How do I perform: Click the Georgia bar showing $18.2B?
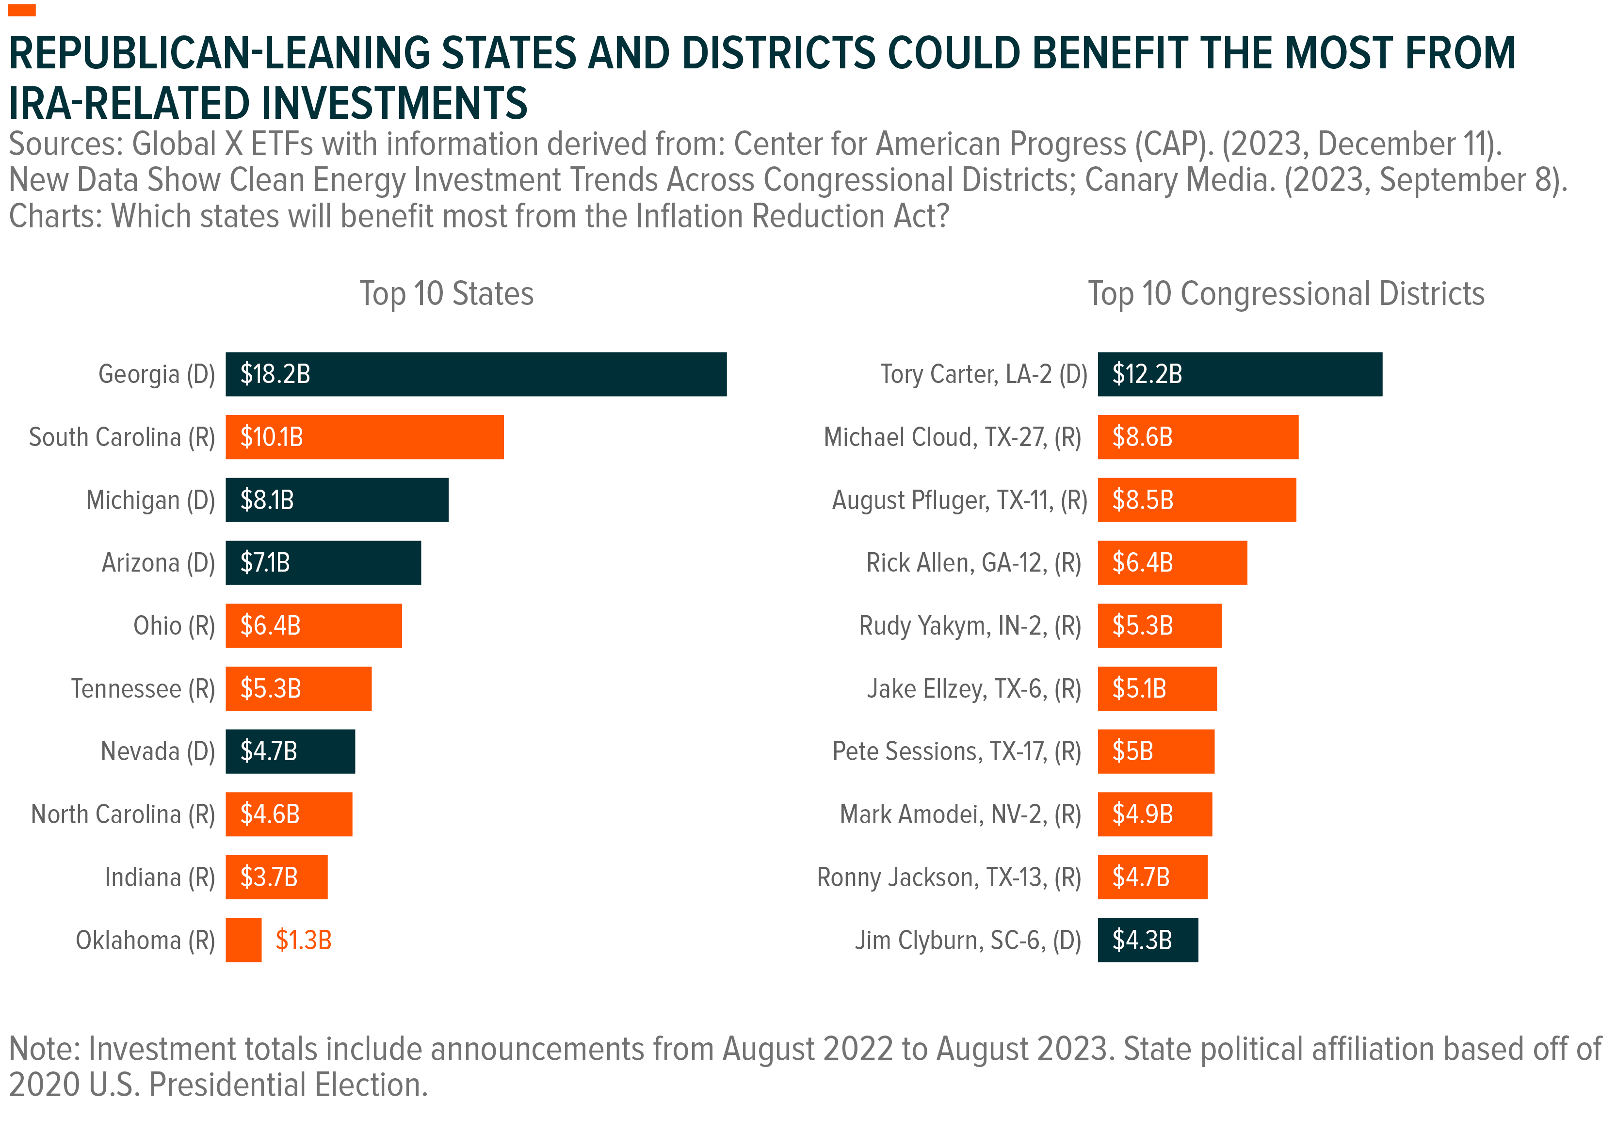click(475, 374)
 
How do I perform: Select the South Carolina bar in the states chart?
click(364, 437)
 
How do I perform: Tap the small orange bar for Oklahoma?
click(243, 940)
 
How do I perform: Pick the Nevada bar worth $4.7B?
click(290, 751)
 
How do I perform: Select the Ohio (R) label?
click(174, 626)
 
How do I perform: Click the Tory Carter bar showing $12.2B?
click(1240, 374)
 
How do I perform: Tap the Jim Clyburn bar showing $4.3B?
click(1147, 940)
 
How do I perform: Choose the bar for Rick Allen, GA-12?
click(1172, 563)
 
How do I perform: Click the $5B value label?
click(1132, 751)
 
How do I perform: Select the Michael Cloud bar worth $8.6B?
click(1197, 437)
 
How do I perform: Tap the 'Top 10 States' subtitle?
click(447, 294)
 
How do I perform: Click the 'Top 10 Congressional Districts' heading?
click(1286, 294)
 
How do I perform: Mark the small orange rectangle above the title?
click(22, 10)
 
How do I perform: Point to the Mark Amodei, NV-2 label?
click(961, 814)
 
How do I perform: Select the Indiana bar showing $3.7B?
click(276, 878)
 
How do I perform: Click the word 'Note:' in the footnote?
click(44, 1049)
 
